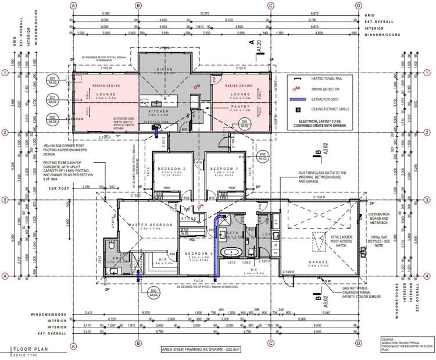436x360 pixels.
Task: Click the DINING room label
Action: coord(164,69)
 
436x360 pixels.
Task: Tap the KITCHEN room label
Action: coord(158,111)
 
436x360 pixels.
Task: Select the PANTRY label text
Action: coord(240,107)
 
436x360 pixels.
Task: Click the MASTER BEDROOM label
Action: coord(151,224)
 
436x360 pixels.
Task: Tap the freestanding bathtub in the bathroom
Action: coord(234,252)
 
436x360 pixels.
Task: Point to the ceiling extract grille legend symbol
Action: coord(298,109)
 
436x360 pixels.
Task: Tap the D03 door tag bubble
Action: coord(154,293)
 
